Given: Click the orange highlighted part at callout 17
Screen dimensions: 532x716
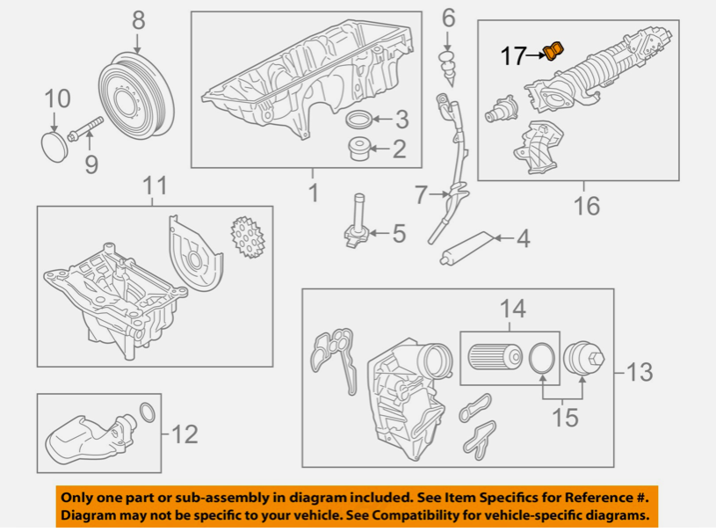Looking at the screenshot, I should [x=553, y=52].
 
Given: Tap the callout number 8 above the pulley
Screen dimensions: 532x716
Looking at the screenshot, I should [x=139, y=18].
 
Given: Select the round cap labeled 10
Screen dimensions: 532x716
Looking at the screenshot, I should [x=55, y=145].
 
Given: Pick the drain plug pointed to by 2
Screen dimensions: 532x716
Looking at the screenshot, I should [x=358, y=149].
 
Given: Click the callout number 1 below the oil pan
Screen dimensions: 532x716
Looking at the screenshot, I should [x=313, y=192].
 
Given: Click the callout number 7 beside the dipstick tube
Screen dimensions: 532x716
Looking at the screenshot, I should [x=420, y=193].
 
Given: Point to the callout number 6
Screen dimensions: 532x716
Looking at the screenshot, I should [x=448, y=17].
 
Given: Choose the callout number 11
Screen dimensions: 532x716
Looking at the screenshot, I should [x=155, y=186].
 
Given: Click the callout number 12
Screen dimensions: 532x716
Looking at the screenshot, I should [x=184, y=434].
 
